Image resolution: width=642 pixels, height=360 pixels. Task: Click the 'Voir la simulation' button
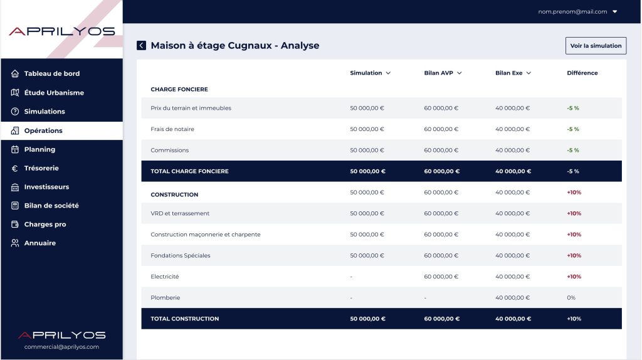coord(596,46)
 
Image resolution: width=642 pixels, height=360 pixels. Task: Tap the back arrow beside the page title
coord(141,45)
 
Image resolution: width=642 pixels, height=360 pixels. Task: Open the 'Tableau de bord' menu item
coord(51,74)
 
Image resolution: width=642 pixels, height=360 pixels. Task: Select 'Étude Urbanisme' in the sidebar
coord(54,93)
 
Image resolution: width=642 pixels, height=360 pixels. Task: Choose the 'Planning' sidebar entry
coord(39,149)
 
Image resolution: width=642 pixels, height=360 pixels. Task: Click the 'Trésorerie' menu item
coord(41,168)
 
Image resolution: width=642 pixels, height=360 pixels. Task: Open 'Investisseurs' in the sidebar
coord(46,187)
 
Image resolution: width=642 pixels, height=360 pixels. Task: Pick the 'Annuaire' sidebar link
coord(39,243)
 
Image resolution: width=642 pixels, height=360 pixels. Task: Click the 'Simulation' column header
coord(366,73)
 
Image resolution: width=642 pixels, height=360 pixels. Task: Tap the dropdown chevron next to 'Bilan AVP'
coord(460,73)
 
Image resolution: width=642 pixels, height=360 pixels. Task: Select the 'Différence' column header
coord(582,73)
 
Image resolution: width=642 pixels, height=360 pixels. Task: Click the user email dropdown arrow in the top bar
coord(614,12)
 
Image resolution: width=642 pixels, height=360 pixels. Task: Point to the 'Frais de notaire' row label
coord(172,129)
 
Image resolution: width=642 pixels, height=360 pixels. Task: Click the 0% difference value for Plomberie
coord(571,298)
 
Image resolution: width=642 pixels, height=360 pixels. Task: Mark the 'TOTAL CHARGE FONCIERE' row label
coord(189,171)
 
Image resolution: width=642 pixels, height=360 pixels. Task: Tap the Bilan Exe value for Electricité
coord(512,277)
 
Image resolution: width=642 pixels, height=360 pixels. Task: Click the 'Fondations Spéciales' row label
coord(180,255)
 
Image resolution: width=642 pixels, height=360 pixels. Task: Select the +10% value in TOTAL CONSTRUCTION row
coord(574,319)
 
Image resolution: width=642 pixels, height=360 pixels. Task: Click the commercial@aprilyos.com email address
coord(61,347)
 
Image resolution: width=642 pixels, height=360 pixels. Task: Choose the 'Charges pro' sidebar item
coord(45,225)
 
